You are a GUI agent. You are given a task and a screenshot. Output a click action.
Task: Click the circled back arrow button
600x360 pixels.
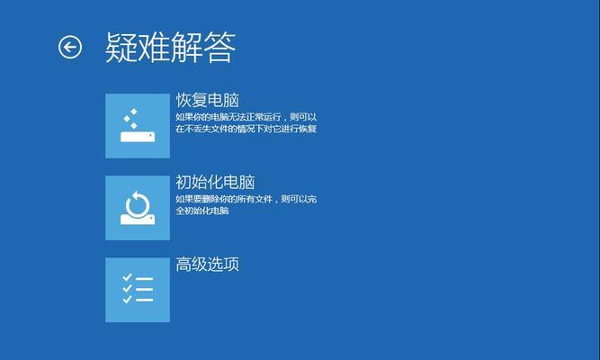[x=70, y=47]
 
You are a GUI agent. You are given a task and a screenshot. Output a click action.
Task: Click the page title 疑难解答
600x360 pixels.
[x=170, y=48]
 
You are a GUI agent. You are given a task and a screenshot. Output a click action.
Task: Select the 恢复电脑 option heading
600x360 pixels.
[x=208, y=100]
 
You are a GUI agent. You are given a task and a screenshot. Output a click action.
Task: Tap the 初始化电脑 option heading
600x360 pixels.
[x=215, y=183]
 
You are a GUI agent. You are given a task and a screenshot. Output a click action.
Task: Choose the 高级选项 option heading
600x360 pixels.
[x=208, y=265]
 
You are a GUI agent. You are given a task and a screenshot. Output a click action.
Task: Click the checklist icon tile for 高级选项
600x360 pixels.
[x=138, y=290]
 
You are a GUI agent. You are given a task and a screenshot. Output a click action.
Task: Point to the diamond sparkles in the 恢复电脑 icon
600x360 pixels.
[x=130, y=119]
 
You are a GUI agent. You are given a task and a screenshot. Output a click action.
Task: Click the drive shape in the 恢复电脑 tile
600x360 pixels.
[x=138, y=137]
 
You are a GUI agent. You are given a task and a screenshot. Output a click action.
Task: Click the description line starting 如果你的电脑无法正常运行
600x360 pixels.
[x=246, y=117]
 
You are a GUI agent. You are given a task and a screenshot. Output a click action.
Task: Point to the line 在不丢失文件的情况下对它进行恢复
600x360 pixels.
[x=246, y=129]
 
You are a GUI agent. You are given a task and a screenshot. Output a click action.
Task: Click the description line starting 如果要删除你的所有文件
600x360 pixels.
[x=246, y=199]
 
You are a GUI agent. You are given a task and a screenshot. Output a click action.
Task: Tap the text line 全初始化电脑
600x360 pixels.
[x=202, y=211]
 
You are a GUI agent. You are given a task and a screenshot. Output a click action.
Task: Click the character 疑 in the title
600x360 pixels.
[x=121, y=48]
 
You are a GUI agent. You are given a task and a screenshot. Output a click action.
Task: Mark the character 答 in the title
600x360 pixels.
[x=219, y=48]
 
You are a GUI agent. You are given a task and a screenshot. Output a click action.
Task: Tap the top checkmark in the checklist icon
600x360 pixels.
[x=127, y=277]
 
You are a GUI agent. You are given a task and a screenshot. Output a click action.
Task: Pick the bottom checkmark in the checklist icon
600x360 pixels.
[x=127, y=299]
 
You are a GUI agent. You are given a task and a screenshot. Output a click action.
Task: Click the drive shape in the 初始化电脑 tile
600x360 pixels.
[x=138, y=220]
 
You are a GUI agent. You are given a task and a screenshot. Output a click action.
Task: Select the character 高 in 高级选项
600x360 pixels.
[x=184, y=265]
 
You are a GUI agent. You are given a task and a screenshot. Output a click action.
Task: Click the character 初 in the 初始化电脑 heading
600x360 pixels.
[x=184, y=183]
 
